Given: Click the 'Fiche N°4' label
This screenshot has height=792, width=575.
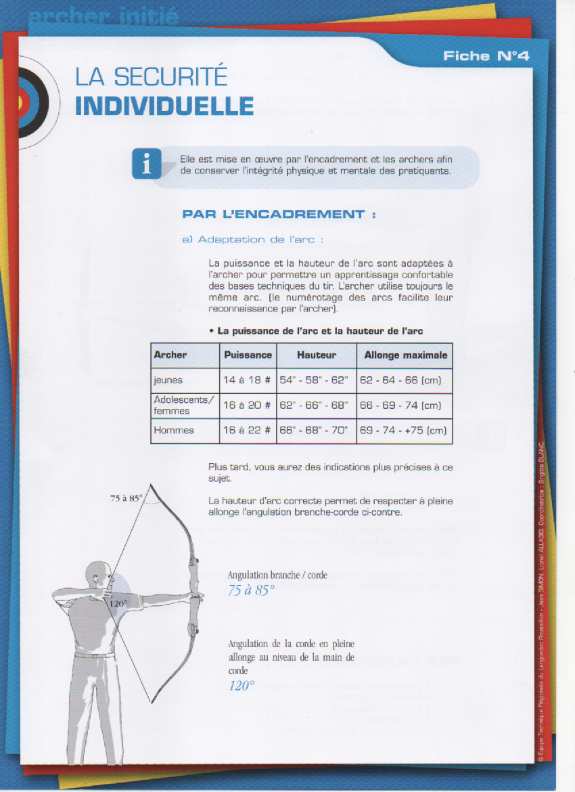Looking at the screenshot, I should tap(486, 56).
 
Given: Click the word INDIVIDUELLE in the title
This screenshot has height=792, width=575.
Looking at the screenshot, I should tap(164, 106).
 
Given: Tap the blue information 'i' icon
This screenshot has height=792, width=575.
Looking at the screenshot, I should tap(147, 163).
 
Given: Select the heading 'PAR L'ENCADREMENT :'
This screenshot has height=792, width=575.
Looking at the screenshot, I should tap(279, 215).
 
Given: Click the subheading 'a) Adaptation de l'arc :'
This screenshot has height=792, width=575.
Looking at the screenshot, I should tap(253, 240).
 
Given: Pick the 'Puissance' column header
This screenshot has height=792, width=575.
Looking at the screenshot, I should tap(248, 355).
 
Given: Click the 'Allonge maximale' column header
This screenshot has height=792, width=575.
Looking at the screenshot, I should tap(405, 355).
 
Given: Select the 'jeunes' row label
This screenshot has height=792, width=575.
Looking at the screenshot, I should tap(168, 380).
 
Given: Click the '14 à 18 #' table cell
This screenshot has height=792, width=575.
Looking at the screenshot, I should tap(248, 380).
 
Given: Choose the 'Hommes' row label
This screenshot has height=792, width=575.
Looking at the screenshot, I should tap(174, 431).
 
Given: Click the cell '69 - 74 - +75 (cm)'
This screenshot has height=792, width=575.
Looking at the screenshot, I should tap(403, 431).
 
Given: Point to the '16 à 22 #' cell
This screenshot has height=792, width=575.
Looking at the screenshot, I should tap(248, 431).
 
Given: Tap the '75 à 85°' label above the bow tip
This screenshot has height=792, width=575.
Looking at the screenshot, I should tap(126, 498).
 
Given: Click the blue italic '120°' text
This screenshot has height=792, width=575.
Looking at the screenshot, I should tap(241, 686).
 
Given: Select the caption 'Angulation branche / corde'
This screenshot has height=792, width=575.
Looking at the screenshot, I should tap(277, 575).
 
